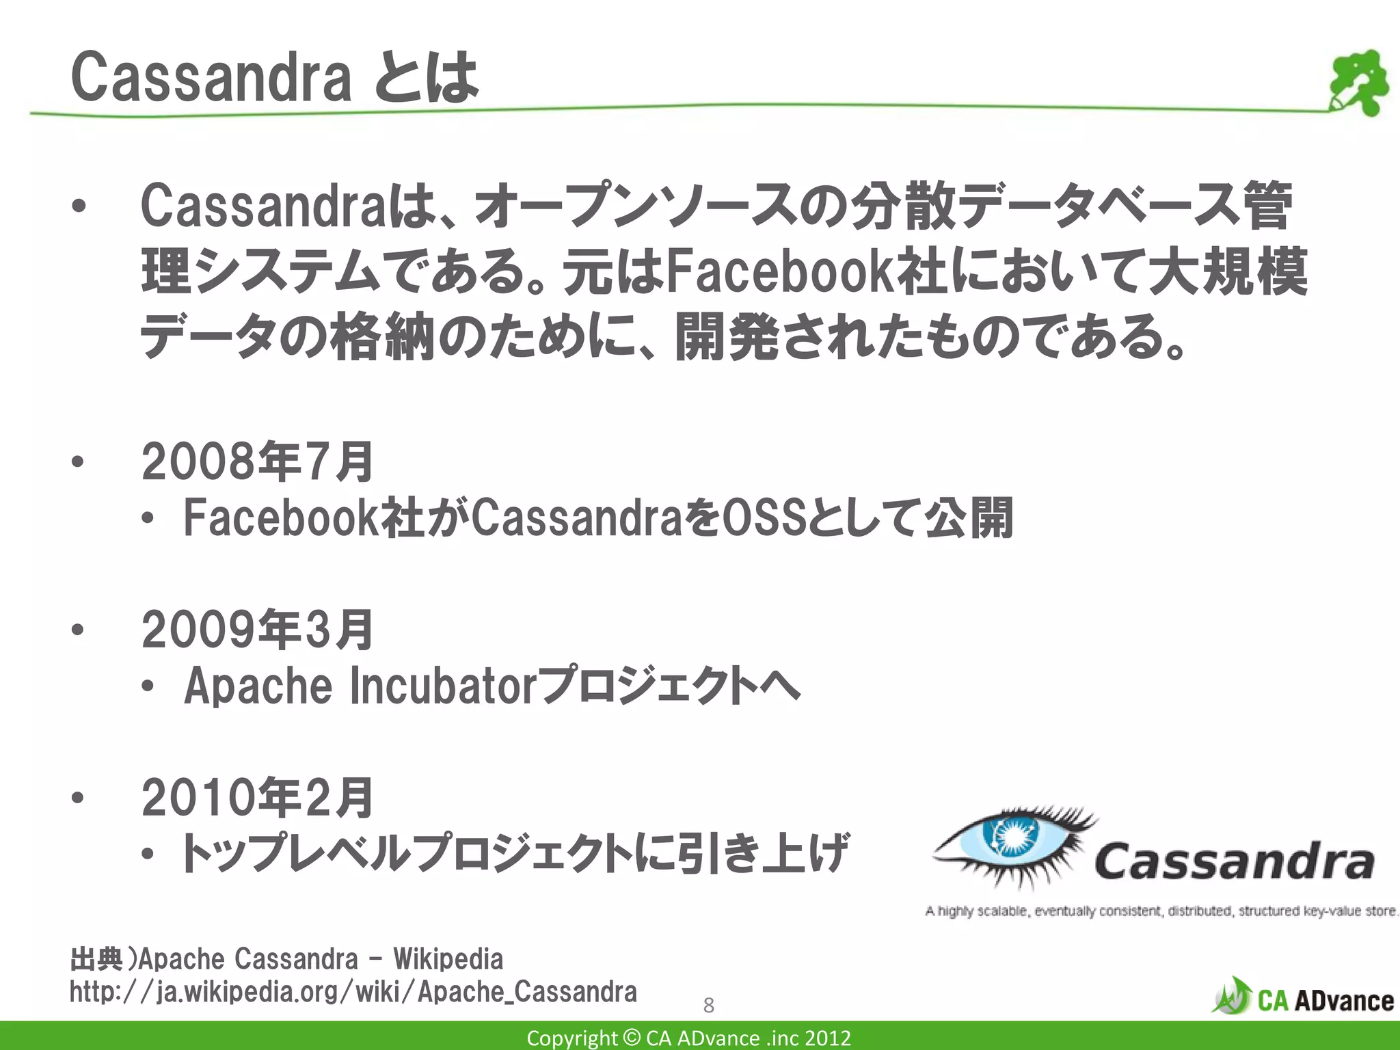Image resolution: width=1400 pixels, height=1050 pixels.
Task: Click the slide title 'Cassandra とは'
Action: [x=273, y=78]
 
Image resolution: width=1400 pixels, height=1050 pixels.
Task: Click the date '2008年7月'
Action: [x=257, y=461]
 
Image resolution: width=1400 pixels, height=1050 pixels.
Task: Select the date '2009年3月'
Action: [x=257, y=630]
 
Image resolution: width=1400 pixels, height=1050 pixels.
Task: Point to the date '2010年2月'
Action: [x=257, y=798]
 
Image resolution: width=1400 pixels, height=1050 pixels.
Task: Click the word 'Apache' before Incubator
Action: [x=258, y=686]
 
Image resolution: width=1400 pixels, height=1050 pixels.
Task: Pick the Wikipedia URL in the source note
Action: [x=353, y=991]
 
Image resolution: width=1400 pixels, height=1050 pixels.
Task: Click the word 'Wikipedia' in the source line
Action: [x=448, y=959]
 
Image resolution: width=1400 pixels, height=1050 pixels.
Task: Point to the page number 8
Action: [x=708, y=1005]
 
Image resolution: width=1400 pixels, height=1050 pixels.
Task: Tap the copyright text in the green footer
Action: [x=688, y=1038]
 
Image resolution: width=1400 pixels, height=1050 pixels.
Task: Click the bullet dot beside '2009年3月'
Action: [x=78, y=630]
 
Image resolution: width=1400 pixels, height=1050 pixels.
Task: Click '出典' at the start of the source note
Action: [x=96, y=959]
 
